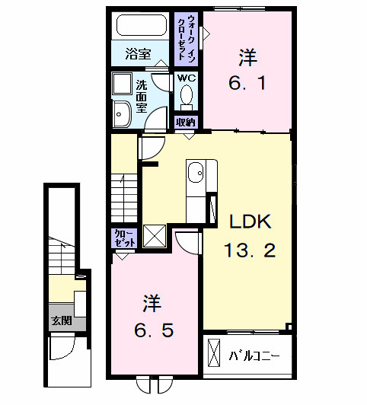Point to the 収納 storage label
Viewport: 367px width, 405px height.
coord(186,122)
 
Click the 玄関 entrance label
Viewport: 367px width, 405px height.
coord(62,320)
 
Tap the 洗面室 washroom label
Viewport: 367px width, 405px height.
coord(142,97)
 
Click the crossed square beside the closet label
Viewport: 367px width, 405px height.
coord(155,237)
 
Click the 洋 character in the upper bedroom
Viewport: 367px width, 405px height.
coord(247,57)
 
